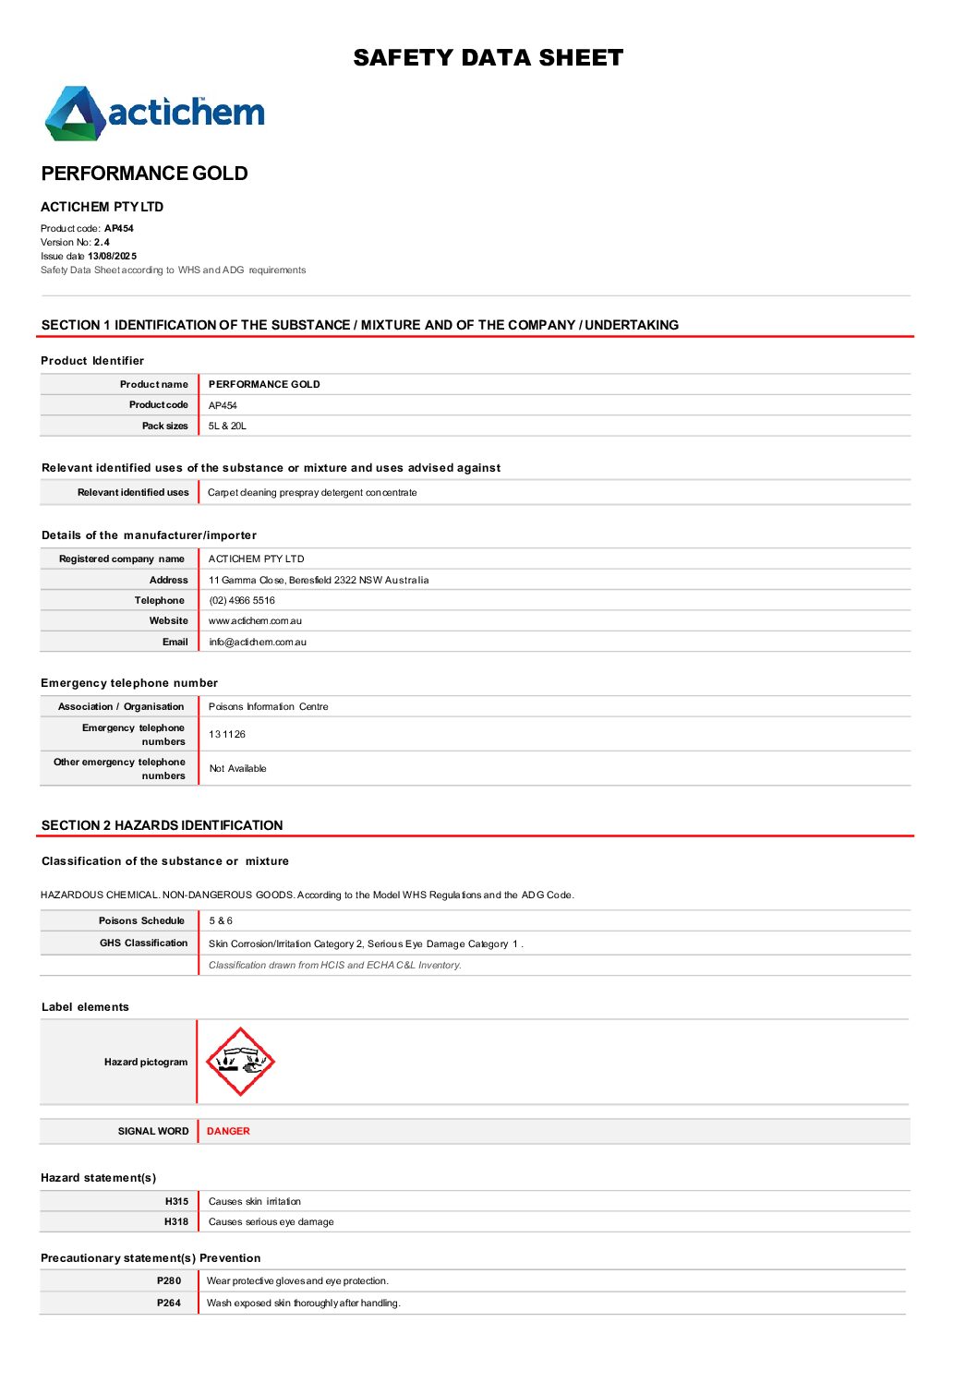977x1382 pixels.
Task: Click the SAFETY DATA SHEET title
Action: (x=488, y=58)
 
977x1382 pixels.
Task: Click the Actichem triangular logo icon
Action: (x=74, y=114)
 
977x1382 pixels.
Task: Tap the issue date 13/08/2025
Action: (x=112, y=257)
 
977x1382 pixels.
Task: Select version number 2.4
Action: (x=102, y=243)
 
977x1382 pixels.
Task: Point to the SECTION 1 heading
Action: (x=359, y=325)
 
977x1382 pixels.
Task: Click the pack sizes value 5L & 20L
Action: (x=227, y=427)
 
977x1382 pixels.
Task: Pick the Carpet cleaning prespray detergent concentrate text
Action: (x=312, y=493)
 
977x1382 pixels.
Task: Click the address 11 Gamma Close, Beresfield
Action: (x=318, y=581)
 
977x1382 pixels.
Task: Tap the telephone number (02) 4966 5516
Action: (x=242, y=601)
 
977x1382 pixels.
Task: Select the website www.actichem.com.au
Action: (x=255, y=621)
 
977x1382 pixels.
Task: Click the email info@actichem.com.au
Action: (x=257, y=643)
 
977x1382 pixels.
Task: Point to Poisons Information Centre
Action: (x=268, y=707)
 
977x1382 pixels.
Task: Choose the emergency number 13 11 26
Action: (x=227, y=735)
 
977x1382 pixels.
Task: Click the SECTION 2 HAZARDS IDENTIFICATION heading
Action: (x=163, y=825)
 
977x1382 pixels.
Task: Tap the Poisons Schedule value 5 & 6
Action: (x=221, y=921)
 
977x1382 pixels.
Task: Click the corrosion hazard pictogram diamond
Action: (x=240, y=1062)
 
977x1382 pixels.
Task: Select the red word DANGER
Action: (x=228, y=1132)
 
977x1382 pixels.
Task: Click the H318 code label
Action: (x=176, y=1222)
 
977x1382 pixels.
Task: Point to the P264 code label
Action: (x=169, y=1304)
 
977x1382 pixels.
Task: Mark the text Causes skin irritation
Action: (x=255, y=1202)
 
